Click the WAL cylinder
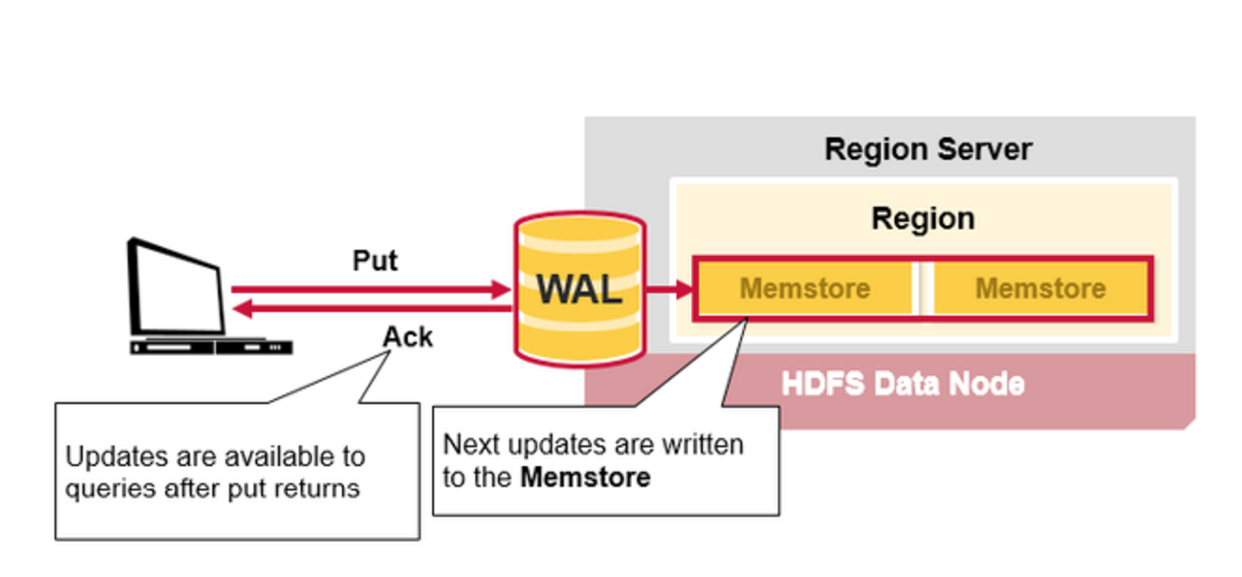tap(580, 288)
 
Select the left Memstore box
tap(805, 288)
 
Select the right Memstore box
tap(1041, 288)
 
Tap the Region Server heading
tap(928, 148)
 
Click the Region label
tap(924, 218)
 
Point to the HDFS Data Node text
tap(903, 383)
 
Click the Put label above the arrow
tap(376, 260)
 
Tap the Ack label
tap(408, 336)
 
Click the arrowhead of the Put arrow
tap(501, 289)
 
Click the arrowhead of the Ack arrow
tap(242, 308)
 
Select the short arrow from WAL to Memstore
tap(670, 288)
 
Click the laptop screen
tap(177, 288)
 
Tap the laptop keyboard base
tap(211, 347)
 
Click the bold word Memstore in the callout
tap(585, 477)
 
